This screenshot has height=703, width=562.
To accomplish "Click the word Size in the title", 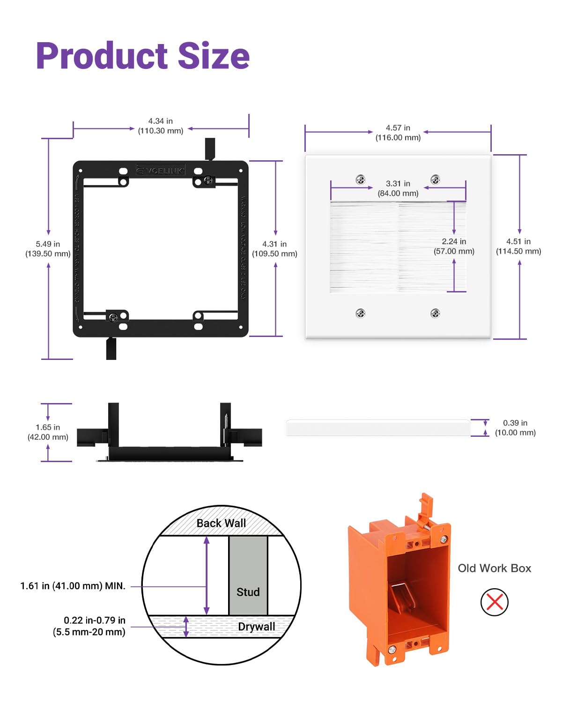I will (x=214, y=56).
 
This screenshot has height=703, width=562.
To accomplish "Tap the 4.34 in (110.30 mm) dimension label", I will (x=161, y=126).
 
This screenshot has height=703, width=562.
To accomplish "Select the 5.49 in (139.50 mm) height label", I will (x=48, y=249).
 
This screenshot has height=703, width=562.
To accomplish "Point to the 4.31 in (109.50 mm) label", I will (x=274, y=249).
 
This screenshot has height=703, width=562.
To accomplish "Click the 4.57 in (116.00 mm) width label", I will (x=398, y=133).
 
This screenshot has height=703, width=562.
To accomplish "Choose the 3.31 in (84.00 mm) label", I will (x=398, y=188).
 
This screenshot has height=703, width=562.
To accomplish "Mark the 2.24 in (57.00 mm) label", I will (x=454, y=246).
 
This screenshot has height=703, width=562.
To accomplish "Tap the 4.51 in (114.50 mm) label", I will (x=518, y=246).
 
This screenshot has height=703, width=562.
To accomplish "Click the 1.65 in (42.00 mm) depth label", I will (x=48, y=432).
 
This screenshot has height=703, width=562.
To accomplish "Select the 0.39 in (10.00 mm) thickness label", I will (x=515, y=428).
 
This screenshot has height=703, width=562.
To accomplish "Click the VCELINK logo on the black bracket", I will (x=161, y=171).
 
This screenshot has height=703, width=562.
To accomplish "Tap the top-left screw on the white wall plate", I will (x=361, y=179).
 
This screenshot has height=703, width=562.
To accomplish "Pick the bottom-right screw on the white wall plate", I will (x=435, y=313).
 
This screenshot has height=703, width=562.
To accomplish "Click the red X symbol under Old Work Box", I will (x=495, y=602).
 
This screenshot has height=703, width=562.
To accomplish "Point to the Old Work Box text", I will (x=495, y=568).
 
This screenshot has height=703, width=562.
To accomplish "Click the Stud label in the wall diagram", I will (x=248, y=592).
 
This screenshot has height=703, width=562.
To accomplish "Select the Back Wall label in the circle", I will (x=221, y=523).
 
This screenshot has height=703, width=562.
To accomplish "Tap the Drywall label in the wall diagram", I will (x=256, y=627).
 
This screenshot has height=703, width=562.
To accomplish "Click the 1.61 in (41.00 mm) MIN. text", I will (x=73, y=586).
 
